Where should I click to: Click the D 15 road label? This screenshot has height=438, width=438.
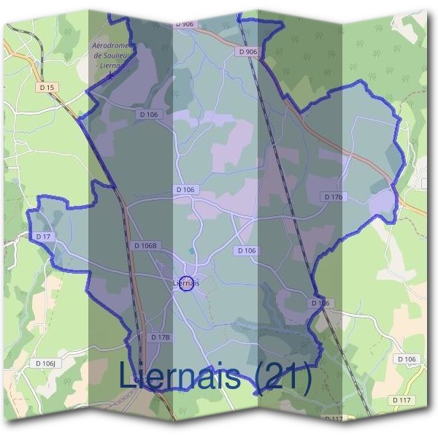[49, 88]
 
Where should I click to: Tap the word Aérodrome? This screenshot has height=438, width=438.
[111, 45]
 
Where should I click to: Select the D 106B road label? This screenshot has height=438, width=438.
[147, 246]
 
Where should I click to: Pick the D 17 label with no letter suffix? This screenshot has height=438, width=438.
[42, 237]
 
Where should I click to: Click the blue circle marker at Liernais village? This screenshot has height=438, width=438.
[186, 283]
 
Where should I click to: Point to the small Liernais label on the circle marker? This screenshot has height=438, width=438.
[187, 283]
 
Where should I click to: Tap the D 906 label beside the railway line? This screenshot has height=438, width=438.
[247, 52]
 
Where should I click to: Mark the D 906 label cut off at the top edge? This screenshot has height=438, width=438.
[185, 24]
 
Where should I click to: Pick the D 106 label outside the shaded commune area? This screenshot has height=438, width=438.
[407, 359]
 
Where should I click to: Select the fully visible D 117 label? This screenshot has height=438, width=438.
[401, 400]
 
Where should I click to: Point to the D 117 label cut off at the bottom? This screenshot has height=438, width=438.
[332, 419]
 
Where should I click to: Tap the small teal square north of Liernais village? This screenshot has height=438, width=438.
[193, 251]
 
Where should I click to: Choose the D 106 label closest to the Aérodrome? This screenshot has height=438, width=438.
[147, 114]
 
